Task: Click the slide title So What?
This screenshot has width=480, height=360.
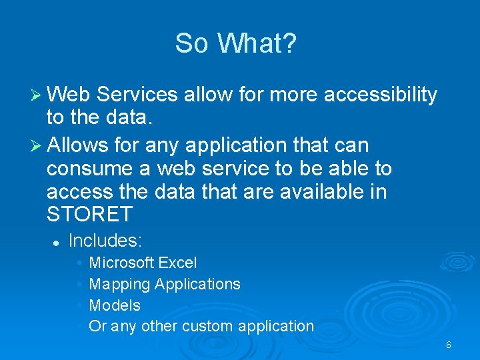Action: pyautogui.click(x=235, y=44)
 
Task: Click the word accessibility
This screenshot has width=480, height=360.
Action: pyautogui.click(x=380, y=95)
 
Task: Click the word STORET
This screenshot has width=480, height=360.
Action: pyautogui.click(x=89, y=215)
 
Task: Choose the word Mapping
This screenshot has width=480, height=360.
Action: pyautogui.click(x=119, y=284)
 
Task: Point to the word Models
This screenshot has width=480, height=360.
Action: pyautogui.click(x=115, y=305)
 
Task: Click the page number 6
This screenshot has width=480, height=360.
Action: pyautogui.click(x=449, y=345)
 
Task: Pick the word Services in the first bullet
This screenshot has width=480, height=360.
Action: pyautogui.click(x=137, y=95)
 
